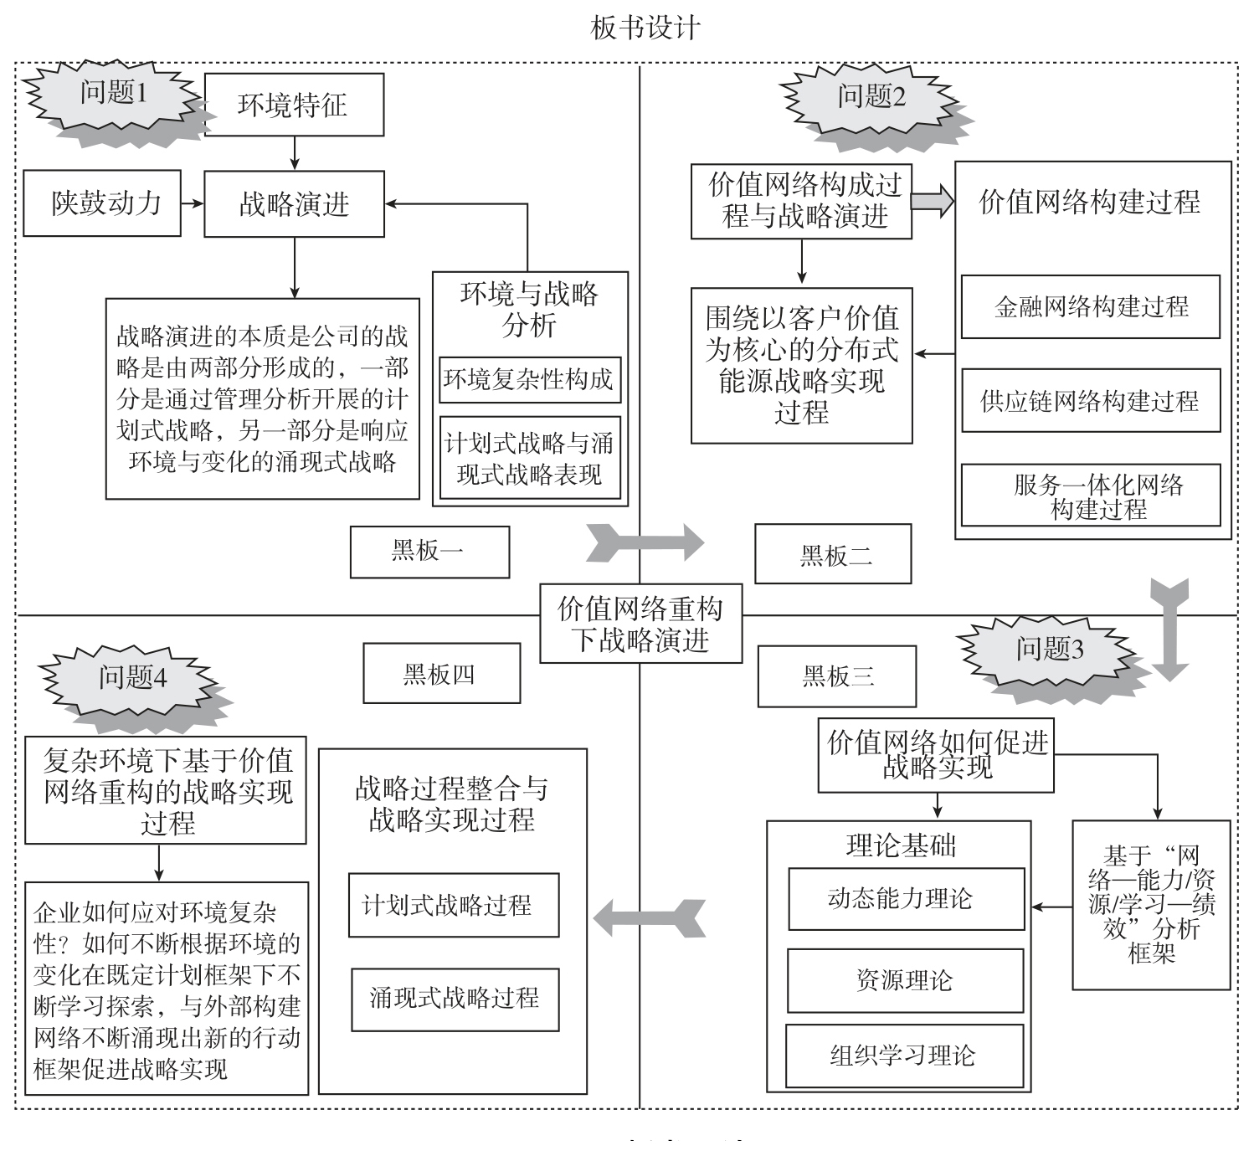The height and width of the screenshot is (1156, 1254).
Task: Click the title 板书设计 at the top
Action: tap(645, 28)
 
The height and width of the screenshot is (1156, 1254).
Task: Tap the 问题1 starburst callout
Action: tap(113, 94)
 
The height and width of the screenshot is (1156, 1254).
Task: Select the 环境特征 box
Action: tap(293, 105)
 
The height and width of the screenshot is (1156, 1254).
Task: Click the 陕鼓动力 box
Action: tap(102, 203)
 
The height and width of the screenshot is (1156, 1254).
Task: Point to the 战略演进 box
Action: tap(294, 204)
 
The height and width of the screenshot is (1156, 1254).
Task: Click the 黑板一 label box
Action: tap(429, 552)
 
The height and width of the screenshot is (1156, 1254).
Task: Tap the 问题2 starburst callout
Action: tap(871, 98)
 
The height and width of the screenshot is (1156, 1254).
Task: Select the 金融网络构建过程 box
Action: tap(1090, 306)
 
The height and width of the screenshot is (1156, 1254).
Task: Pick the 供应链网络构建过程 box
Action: tap(1090, 401)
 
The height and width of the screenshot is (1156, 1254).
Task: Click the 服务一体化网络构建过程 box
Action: tap(1090, 496)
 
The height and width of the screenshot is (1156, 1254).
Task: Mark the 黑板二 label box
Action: tap(833, 554)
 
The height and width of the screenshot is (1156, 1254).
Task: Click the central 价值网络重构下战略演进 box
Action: tap(640, 624)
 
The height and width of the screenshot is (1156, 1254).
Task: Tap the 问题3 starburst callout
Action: tap(1050, 650)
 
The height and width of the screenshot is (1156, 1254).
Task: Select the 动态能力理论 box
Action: tap(906, 899)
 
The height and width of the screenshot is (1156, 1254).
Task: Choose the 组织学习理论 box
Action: tap(904, 1056)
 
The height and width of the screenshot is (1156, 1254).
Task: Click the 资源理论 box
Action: tap(905, 979)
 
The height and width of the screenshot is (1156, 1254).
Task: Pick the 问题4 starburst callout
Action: tap(132, 678)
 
